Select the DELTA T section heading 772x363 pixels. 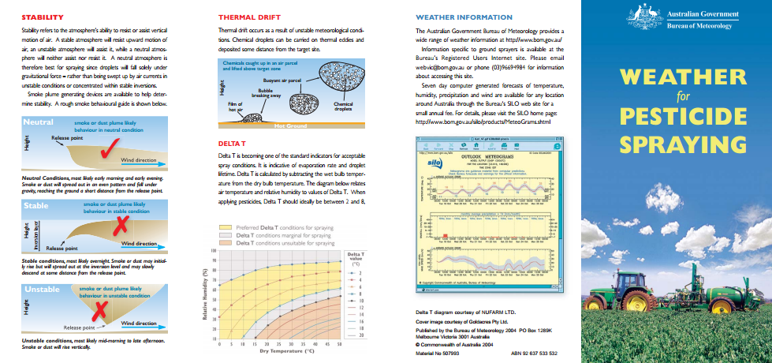coord(233,144)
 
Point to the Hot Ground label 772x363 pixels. coord(290,125)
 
